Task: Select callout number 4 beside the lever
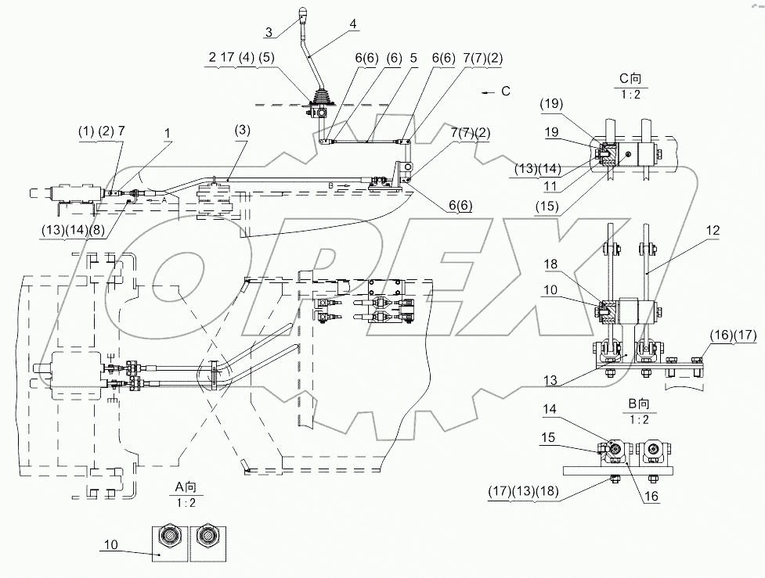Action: click(x=353, y=24)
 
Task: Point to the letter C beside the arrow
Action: click(x=506, y=92)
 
